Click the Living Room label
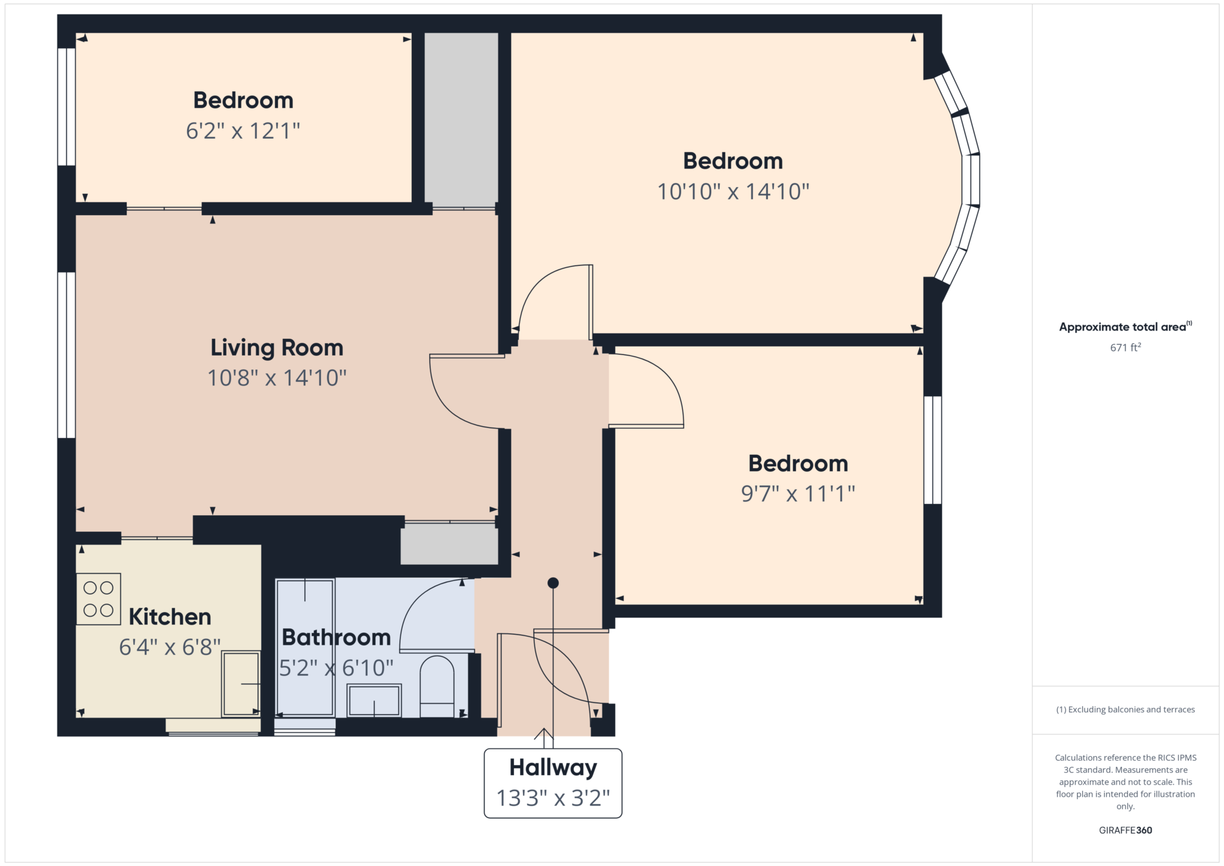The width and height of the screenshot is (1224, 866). point(277,348)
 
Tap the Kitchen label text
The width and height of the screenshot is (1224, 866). point(170,617)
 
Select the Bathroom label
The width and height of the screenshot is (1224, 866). point(336,637)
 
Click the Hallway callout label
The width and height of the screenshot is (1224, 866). point(553,767)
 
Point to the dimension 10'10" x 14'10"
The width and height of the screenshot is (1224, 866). point(733,192)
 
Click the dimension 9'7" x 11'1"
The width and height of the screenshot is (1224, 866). point(798,494)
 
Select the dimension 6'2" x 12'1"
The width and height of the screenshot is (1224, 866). point(243,131)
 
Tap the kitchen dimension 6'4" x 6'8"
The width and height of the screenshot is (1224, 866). point(170,647)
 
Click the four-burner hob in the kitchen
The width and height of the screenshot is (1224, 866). point(99,599)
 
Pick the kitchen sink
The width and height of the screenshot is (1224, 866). point(241,683)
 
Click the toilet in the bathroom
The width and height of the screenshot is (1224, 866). point(437,687)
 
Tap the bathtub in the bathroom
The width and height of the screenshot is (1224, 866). point(305,647)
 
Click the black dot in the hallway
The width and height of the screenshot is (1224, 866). point(553,583)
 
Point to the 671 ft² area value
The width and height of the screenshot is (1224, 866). point(1125,347)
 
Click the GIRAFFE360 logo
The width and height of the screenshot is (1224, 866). point(1125,830)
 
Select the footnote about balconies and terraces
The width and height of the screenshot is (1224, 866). point(1125,709)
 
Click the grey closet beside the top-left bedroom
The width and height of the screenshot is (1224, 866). point(461,118)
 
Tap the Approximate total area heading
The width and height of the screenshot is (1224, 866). point(1125,327)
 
